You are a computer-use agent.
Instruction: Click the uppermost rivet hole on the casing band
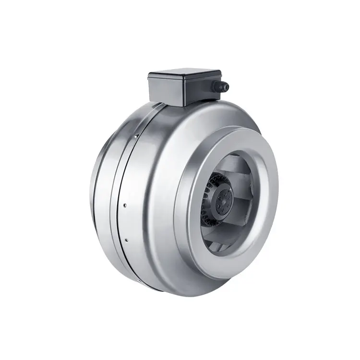click(136, 136)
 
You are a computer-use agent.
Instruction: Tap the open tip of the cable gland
click(226, 86)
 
